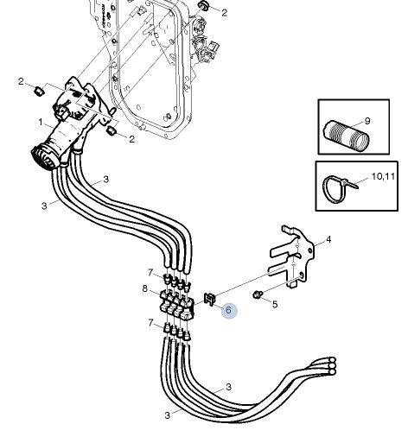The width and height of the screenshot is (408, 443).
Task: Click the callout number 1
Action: pos(41,123)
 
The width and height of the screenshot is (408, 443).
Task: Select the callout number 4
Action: pos(328,239)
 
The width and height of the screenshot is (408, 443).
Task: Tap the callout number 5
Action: pos(275,304)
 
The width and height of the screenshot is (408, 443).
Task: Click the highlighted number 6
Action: pos(229,310)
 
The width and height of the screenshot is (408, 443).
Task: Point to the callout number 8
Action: pos(145,288)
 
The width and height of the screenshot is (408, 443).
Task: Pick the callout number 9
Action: pos(367,121)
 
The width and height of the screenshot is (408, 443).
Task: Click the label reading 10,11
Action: pos(383,176)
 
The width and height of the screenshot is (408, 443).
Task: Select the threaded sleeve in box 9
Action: pos(347,135)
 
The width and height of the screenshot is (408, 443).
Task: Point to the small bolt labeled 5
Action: pos(258,294)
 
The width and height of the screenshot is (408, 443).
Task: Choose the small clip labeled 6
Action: pos(210,299)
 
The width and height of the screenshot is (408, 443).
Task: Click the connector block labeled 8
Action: pos(177,305)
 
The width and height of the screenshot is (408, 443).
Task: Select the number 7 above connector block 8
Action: pos(150,272)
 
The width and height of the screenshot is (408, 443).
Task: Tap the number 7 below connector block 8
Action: pos(150,323)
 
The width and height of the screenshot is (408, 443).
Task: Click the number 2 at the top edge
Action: pos(224,12)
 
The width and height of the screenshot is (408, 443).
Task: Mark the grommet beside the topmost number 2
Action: pos(204,5)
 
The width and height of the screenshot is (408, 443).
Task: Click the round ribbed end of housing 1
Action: pos(42,159)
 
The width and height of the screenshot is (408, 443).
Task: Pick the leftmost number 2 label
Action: pos(21,81)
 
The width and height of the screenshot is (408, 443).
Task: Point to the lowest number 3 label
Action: pos(168,415)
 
